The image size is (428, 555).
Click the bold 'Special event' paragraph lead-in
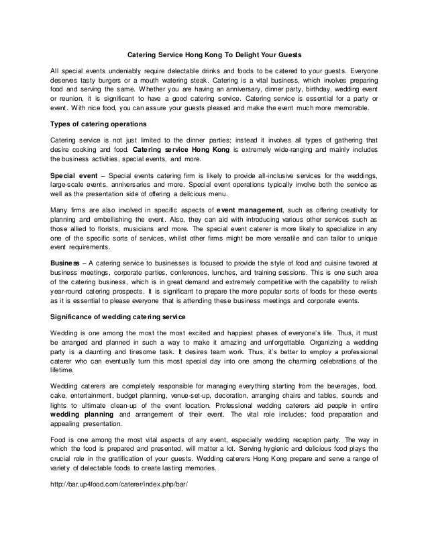pyautogui.click(x=74, y=174)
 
